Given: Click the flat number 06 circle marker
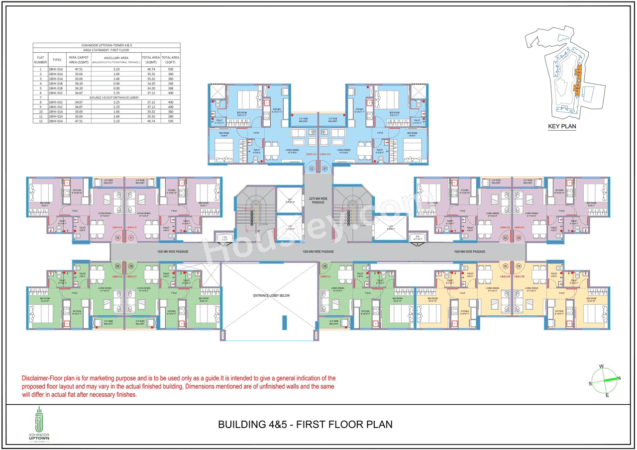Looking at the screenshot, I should tap(324, 266).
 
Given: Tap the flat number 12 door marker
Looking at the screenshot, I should tap(312, 169).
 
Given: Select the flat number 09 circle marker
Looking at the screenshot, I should tap(118, 266).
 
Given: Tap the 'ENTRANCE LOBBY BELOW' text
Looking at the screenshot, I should tap(270, 295).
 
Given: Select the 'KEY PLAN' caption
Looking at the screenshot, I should tap(562, 126).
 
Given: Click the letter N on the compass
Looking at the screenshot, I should tap(619, 378).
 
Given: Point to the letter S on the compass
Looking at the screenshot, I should tap(590, 383).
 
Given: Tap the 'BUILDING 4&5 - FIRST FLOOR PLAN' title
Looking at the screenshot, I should tap(306, 424).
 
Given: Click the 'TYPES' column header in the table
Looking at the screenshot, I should tap(57, 60).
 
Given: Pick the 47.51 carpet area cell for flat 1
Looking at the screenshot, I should tap(78, 70).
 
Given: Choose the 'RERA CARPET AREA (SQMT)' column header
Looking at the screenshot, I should tap(78, 60).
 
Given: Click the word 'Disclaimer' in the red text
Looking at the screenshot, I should tap(35, 378).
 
